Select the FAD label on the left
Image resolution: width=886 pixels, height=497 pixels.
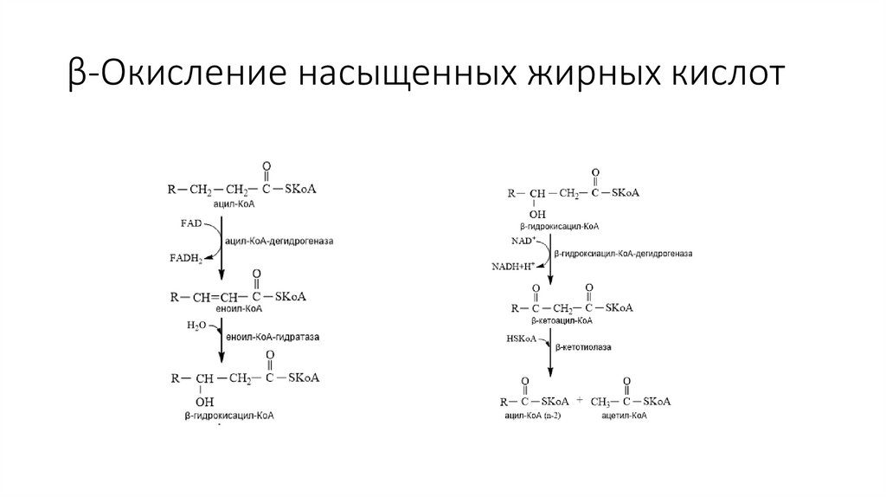pyautogui.click(x=191, y=223)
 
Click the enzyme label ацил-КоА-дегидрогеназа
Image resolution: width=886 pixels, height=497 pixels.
pyautogui.click(x=279, y=240)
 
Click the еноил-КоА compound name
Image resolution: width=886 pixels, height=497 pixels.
pyautogui.click(x=242, y=307)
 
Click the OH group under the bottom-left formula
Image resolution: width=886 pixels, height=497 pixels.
pyautogui.click(x=205, y=402)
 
